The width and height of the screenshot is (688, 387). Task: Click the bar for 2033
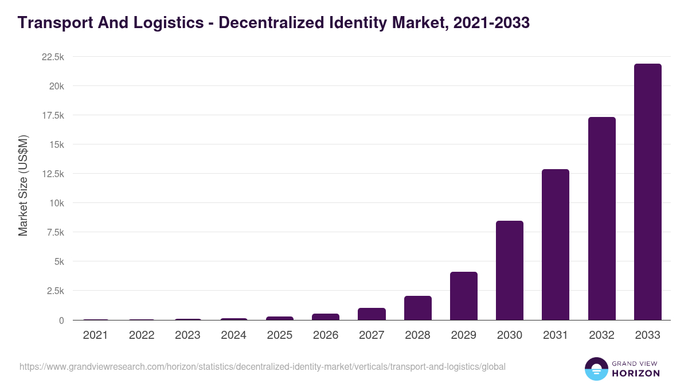click(647, 192)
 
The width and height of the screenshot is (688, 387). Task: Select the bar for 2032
click(601, 218)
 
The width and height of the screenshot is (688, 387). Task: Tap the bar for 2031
click(556, 245)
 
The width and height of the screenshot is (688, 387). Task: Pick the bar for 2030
click(510, 271)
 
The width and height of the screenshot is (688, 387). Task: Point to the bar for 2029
click(464, 296)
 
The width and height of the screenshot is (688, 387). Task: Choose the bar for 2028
click(417, 308)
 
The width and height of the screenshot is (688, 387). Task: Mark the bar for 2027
click(372, 314)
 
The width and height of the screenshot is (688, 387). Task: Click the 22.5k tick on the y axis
click(53, 57)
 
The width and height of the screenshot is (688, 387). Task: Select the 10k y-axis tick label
click(56, 203)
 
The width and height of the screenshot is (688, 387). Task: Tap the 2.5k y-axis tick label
click(55, 291)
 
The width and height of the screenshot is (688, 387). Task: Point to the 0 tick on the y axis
click(61, 320)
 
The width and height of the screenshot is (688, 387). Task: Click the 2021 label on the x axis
click(95, 335)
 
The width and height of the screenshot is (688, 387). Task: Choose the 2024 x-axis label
click(233, 335)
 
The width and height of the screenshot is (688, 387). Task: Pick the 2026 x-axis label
click(326, 335)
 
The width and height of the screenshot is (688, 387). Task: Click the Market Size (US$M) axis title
click(23, 186)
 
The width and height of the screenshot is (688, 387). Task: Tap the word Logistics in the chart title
click(165, 23)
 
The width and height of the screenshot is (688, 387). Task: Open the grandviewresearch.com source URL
click(263, 366)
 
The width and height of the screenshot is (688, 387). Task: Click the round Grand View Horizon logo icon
click(596, 369)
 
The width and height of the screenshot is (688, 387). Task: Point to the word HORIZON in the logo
click(636, 373)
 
